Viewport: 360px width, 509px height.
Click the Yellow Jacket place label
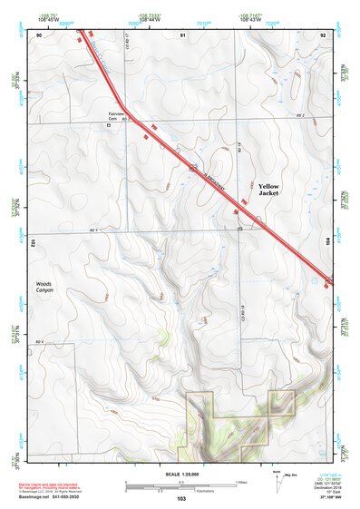coord(268,188)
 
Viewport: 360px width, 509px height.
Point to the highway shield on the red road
coord(193,167)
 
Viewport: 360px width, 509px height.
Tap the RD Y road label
coord(92,230)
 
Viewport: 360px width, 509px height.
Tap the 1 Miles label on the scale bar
coord(240,483)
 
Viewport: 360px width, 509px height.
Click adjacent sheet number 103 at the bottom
coord(180,499)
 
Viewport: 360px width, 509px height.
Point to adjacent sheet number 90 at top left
coord(39,34)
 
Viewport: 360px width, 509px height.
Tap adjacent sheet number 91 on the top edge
coord(182,34)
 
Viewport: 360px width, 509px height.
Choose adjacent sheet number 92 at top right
coord(323,34)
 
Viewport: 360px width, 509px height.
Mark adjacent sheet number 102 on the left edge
coord(32,243)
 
